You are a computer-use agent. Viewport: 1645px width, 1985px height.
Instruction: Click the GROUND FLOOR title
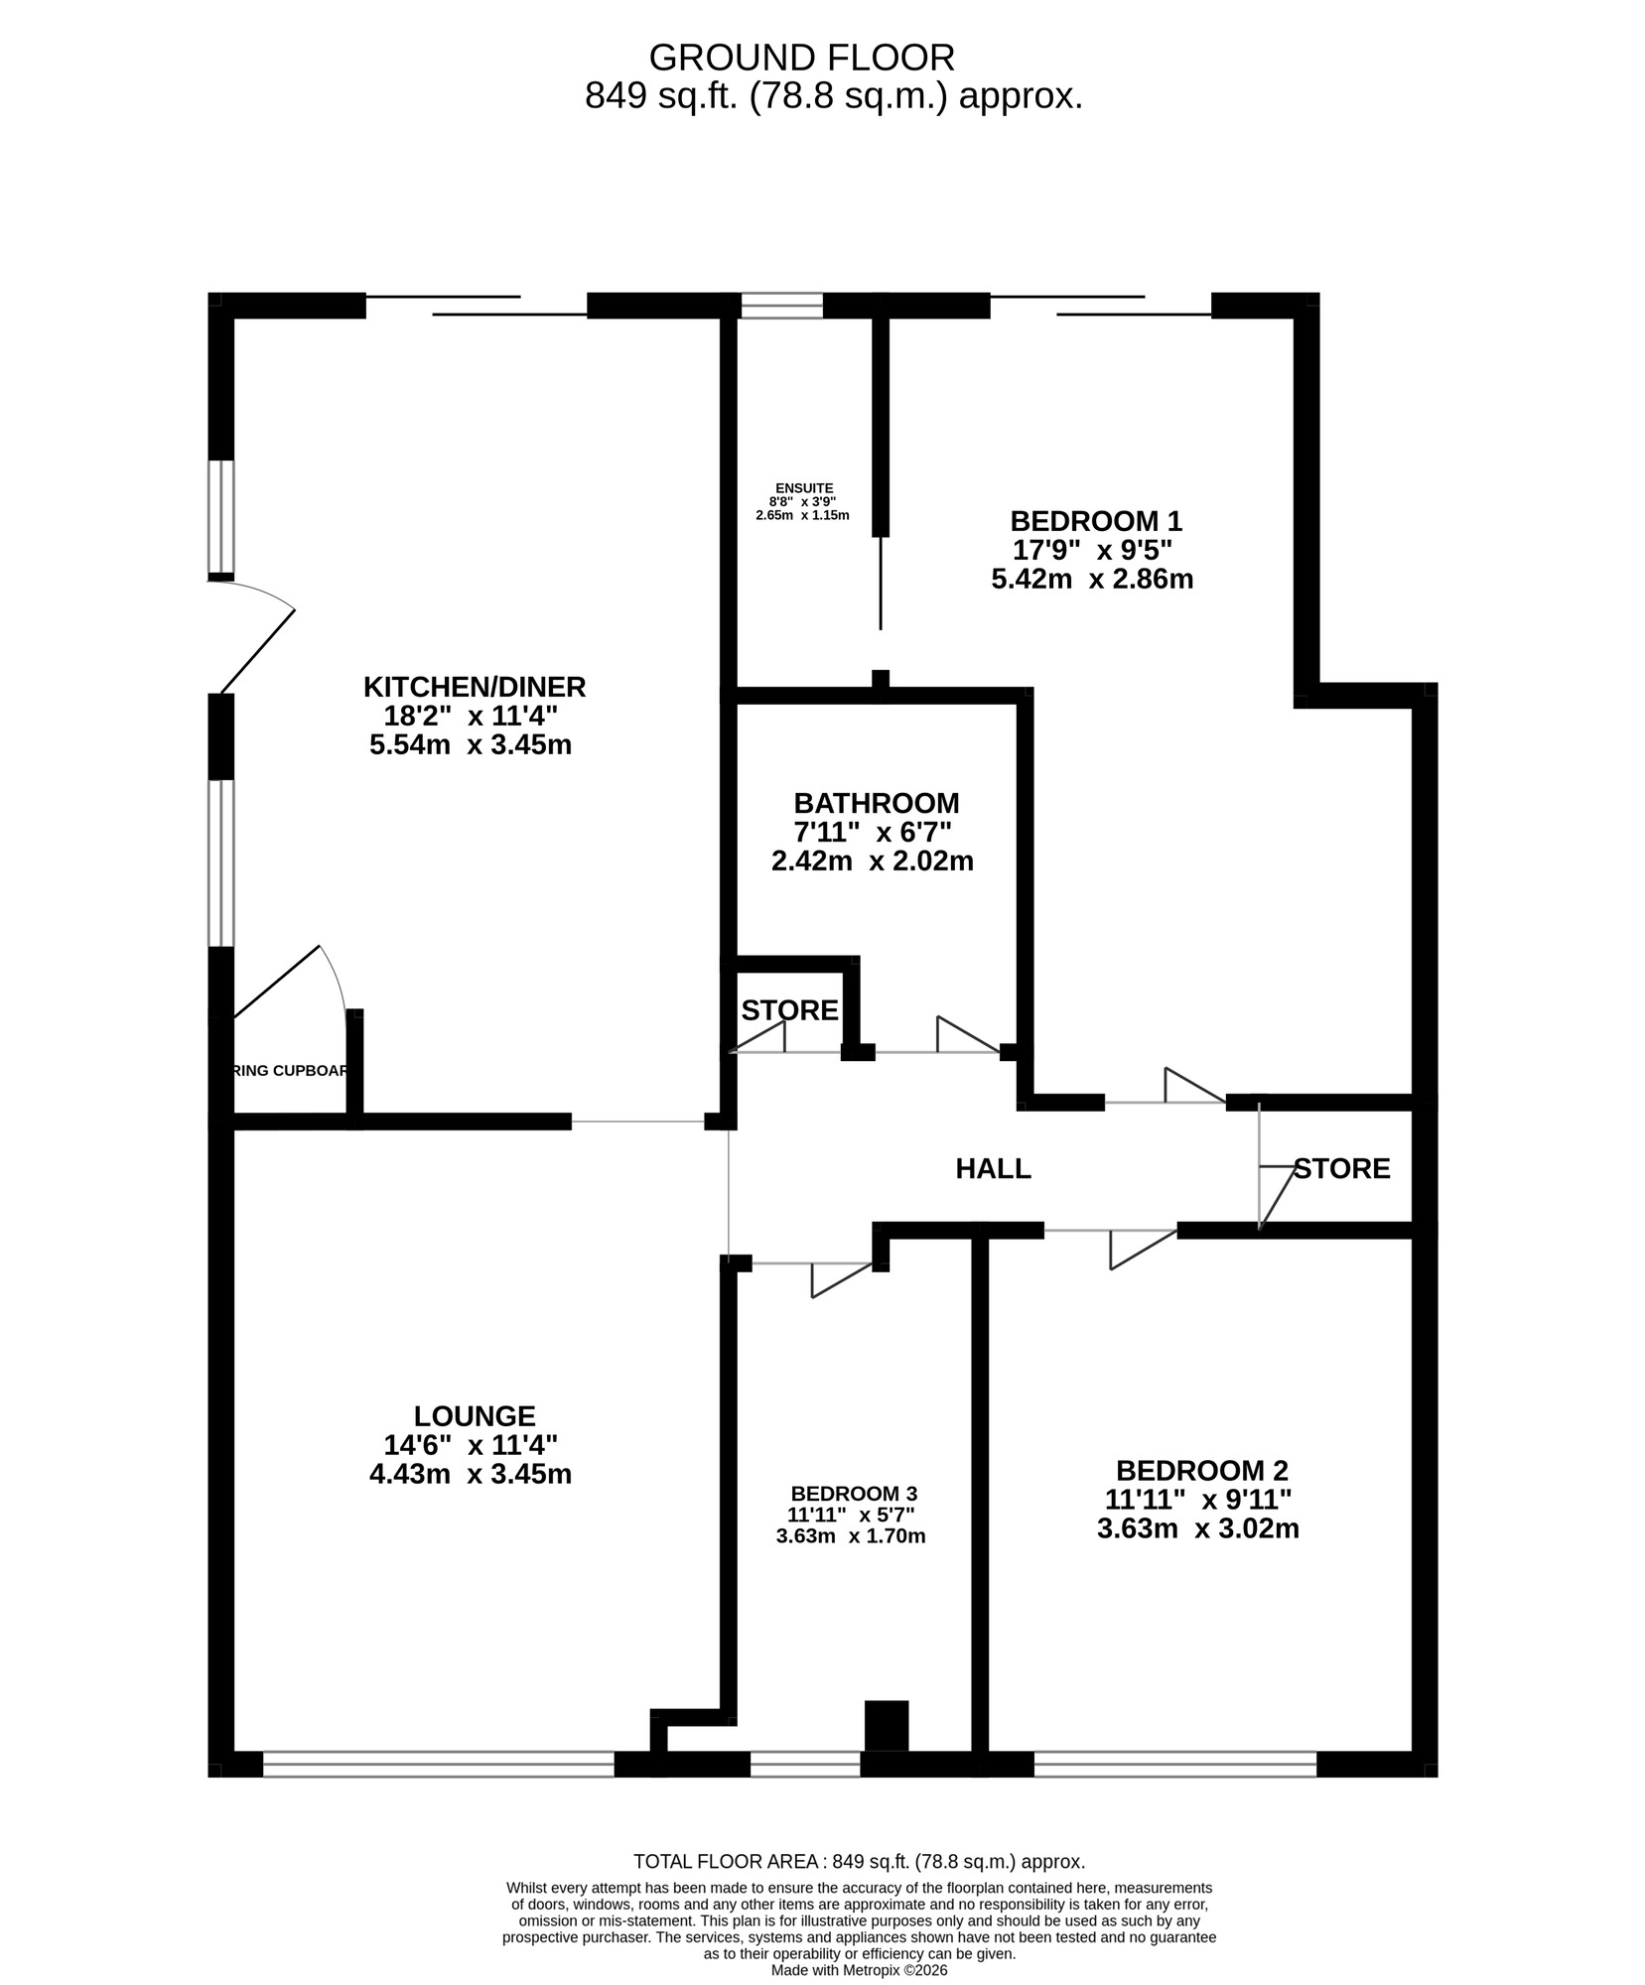pyautogui.click(x=801, y=58)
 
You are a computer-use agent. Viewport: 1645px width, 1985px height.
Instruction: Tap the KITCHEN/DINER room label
pyautogui.click(x=475, y=686)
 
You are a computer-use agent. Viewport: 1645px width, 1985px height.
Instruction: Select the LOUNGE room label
pyautogui.click(x=475, y=1415)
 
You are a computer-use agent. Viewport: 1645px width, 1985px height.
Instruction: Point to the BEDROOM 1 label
pyautogui.click(x=1096, y=520)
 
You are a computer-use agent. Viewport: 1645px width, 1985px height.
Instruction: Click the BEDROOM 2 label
pyautogui.click(x=1201, y=1470)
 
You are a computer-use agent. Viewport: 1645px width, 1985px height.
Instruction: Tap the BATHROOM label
pyautogui.click(x=876, y=802)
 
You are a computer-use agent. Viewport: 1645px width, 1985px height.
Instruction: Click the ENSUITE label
pyautogui.click(x=804, y=487)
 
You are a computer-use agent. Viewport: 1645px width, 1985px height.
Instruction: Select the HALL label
pyautogui.click(x=993, y=1168)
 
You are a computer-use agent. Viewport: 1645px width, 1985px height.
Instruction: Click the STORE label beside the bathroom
pyautogui.click(x=789, y=1010)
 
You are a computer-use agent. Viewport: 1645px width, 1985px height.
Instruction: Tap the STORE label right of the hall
pyautogui.click(x=1341, y=1168)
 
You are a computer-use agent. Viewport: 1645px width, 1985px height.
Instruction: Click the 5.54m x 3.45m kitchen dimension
pyautogui.click(x=471, y=744)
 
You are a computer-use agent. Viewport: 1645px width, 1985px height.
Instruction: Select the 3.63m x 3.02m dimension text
pyautogui.click(x=1197, y=1528)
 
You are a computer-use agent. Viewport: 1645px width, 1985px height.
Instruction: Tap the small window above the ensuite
pyautogui.click(x=781, y=305)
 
